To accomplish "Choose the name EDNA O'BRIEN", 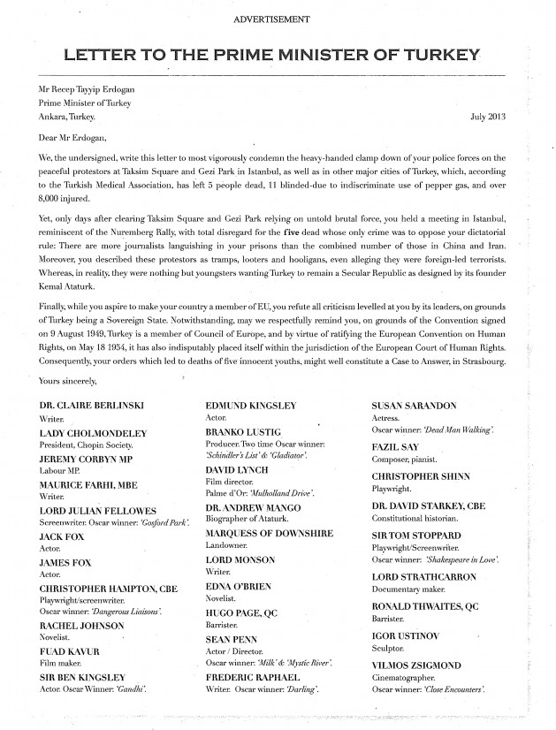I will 240,587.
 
